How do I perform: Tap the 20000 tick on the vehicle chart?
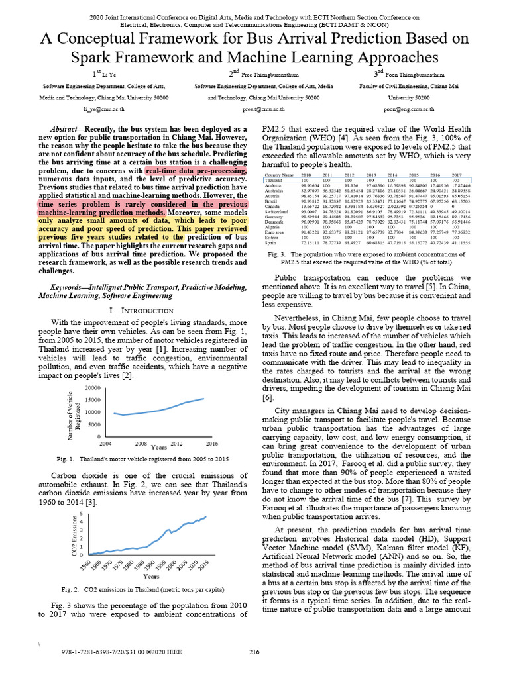[91, 388]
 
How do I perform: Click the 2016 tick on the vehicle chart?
[211, 442]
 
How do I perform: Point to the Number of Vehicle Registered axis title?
[73, 412]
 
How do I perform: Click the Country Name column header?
[278, 175]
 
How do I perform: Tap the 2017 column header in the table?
[457, 175]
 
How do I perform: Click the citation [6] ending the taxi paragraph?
[267, 398]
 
